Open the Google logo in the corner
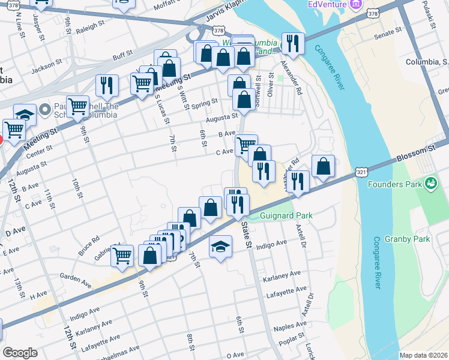tap(20, 353)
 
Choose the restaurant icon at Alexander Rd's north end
tap(293, 43)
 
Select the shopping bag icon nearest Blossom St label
tap(323, 167)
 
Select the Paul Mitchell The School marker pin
tap(44, 110)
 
